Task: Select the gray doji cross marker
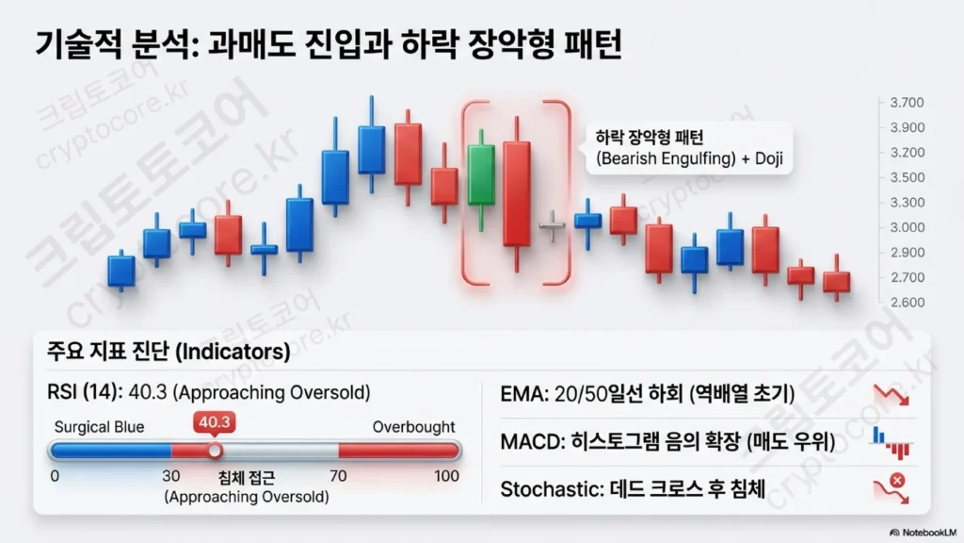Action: tap(552, 226)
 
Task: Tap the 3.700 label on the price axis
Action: tap(907, 102)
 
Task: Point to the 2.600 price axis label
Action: tap(907, 303)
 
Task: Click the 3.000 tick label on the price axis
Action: tap(907, 227)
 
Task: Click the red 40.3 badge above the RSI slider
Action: tap(214, 422)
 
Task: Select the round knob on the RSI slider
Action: tap(215, 452)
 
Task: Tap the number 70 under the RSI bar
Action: tap(338, 476)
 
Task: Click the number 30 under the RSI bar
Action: tap(171, 476)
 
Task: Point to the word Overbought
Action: tap(414, 427)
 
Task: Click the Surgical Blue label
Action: tap(99, 427)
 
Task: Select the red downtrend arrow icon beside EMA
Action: tap(891, 395)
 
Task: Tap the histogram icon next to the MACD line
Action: tap(891, 443)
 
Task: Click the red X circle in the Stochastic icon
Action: tap(897, 480)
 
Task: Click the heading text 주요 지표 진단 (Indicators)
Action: tap(169, 352)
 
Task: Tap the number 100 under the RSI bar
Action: tap(446, 476)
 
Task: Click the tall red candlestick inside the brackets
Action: tap(517, 194)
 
